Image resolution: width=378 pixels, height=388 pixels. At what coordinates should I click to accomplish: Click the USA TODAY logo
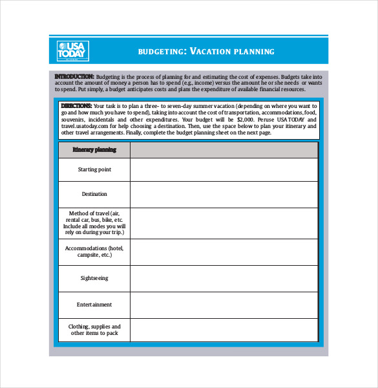(x=72, y=50)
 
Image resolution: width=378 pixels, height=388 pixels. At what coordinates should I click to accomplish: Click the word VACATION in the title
(x=214, y=52)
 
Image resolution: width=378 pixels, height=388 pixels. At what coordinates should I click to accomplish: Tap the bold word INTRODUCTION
(x=74, y=76)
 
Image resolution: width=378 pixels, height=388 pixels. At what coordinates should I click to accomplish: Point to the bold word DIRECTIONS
(x=76, y=105)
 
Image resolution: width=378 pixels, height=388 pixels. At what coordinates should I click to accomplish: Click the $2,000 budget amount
(x=246, y=120)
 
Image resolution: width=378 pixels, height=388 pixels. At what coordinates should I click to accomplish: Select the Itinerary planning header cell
(x=94, y=150)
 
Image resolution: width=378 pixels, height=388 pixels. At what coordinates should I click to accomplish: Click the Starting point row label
(x=94, y=169)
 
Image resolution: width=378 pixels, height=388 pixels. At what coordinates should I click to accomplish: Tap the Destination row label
(x=94, y=194)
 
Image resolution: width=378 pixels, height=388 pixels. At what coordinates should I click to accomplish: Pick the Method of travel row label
(x=94, y=223)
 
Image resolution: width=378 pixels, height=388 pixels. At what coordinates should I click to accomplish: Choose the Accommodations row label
(x=94, y=252)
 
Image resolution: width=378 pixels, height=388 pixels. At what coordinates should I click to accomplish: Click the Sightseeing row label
(x=94, y=278)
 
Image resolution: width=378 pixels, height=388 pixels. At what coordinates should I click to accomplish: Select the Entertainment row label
(x=94, y=305)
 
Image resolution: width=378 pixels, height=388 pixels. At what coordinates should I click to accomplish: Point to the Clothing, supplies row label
(x=94, y=330)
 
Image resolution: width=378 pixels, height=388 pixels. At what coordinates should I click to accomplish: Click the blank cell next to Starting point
(x=224, y=169)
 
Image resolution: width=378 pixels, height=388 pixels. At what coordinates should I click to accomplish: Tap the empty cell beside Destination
(x=224, y=194)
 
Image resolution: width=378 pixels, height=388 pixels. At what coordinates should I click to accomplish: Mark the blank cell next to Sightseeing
(x=224, y=278)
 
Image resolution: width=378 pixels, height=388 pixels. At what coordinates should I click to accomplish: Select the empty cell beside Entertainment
(x=224, y=305)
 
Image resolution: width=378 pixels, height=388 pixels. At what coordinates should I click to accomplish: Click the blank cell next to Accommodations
(x=224, y=252)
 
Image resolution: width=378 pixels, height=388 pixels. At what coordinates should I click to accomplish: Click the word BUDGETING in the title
(x=162, y=52)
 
